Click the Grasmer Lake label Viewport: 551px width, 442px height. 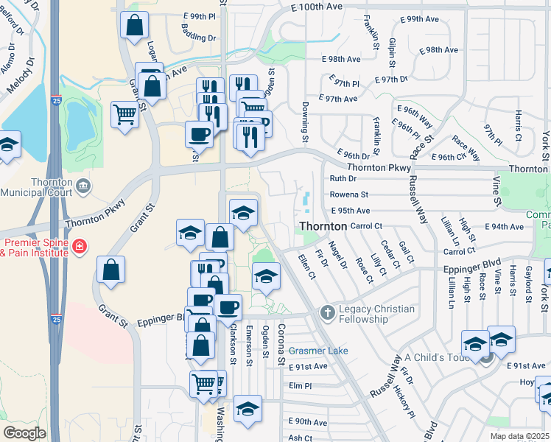[318, 351]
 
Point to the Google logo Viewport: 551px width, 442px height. [24, 432]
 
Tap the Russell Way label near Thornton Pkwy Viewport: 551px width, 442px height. [418, 200]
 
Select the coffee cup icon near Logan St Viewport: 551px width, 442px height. [199, 136]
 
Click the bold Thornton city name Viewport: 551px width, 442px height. [322, 226]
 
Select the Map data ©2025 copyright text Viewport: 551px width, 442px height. [519, 436]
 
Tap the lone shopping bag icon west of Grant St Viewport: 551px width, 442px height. [110, 270]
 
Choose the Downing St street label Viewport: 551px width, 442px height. [303, 122]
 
